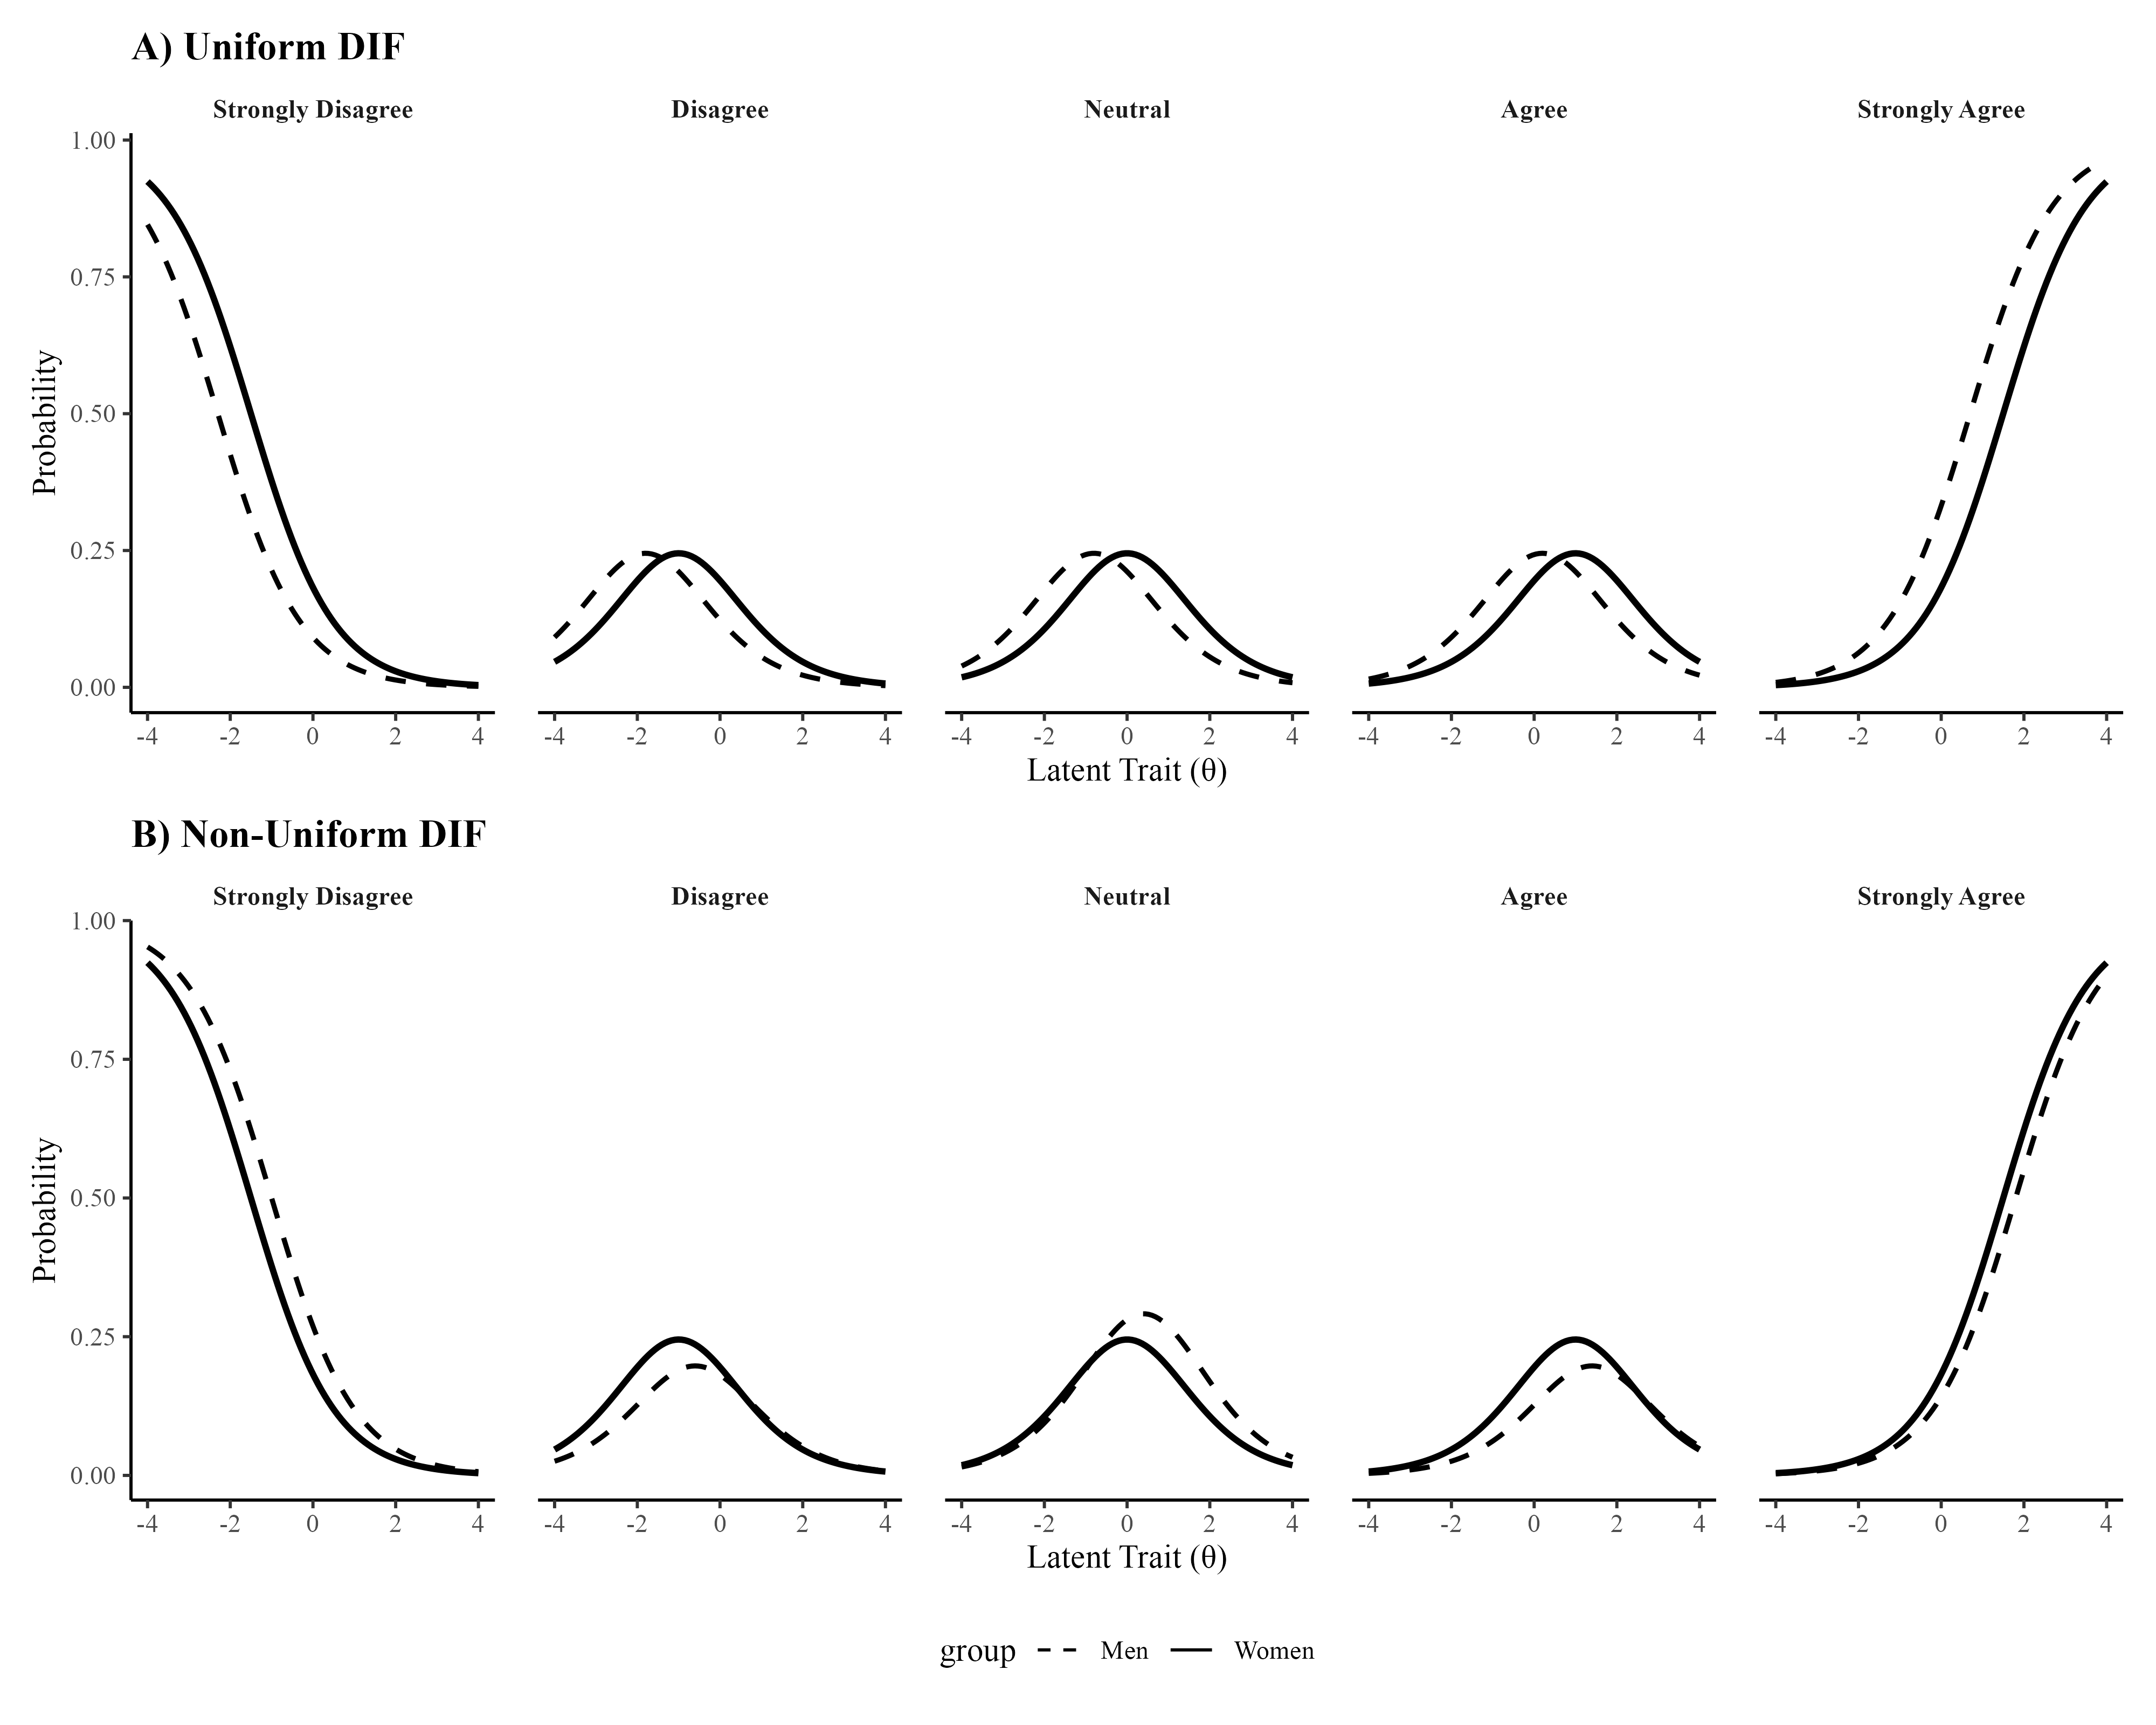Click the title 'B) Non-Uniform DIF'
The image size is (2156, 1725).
(308, 834)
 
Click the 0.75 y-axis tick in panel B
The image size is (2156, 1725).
(93, 1059)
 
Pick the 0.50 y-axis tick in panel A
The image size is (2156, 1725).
(93, 414)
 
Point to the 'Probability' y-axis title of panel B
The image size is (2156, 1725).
(45, 1210)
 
